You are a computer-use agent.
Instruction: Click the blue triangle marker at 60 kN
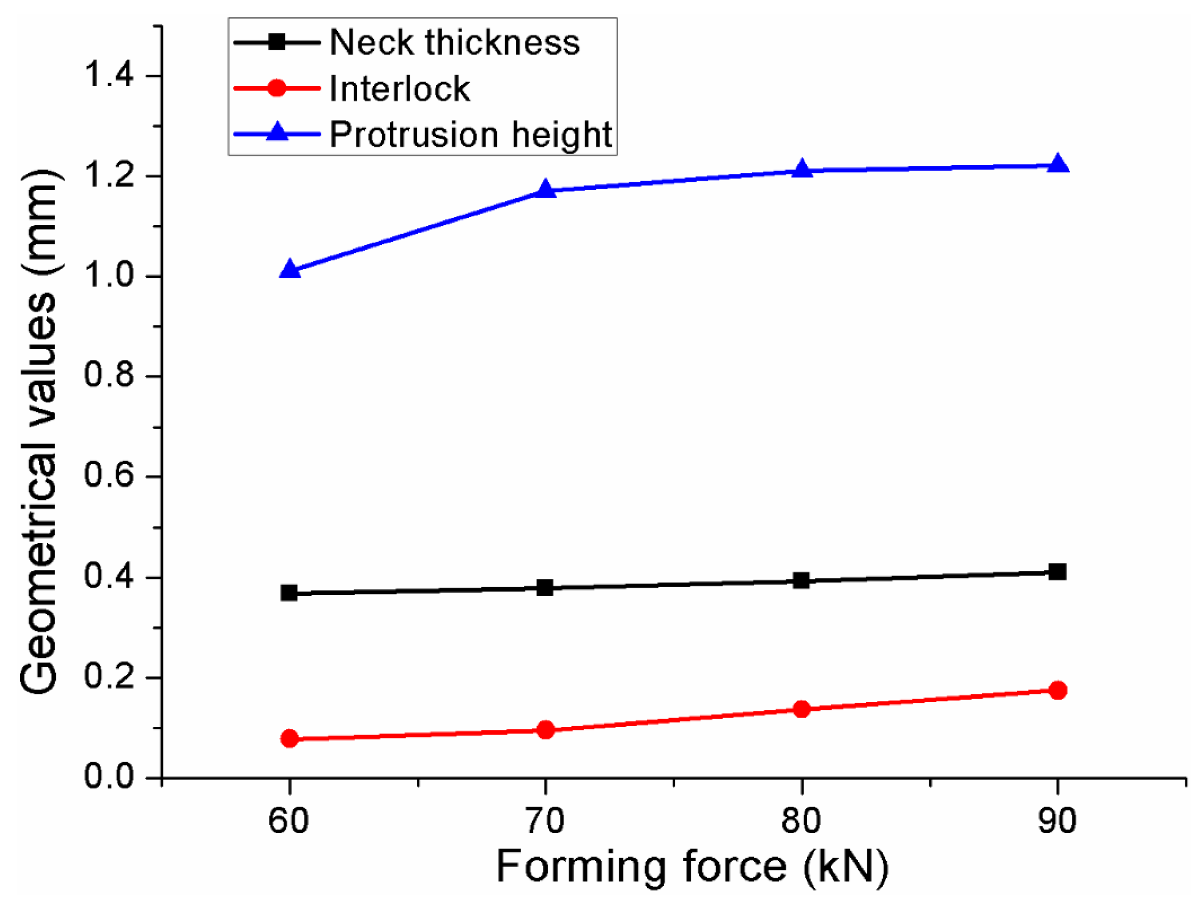pyautogui.click(x=289, y=270)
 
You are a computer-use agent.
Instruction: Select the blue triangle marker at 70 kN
pyautogui.click(x=545, y=190)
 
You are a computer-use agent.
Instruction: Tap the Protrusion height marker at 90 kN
pyautogui.click(x=1057, y=165)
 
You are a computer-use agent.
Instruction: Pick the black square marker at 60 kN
pyautogui.click(x=289, y=593)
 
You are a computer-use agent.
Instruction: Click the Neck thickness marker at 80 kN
pyautogui.click(x=801, y=581)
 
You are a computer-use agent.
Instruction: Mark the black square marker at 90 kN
pyautogui.click(x=1057, y=572)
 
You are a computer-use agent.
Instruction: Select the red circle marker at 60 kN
pyautogui.click(x=289, y=739)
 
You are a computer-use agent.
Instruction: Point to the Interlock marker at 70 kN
pyautogui.click(x=545, y=730)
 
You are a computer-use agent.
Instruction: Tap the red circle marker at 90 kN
pyautogui.click(x=1057, y=690)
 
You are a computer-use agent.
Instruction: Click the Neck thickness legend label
pyautogui.click(x=454, y=42)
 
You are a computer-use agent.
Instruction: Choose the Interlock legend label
pyautogui.click(x=399, y=88)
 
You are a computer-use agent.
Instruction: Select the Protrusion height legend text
pyautogui.click(x=470, y=134)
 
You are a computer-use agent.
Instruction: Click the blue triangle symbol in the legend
pyautogui.click(x=277, y=133)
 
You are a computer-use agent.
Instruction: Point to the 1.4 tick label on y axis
pyautogui.click(x=109, y=75)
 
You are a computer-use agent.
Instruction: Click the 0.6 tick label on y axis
pyautogui.click(x=109, y=476)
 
